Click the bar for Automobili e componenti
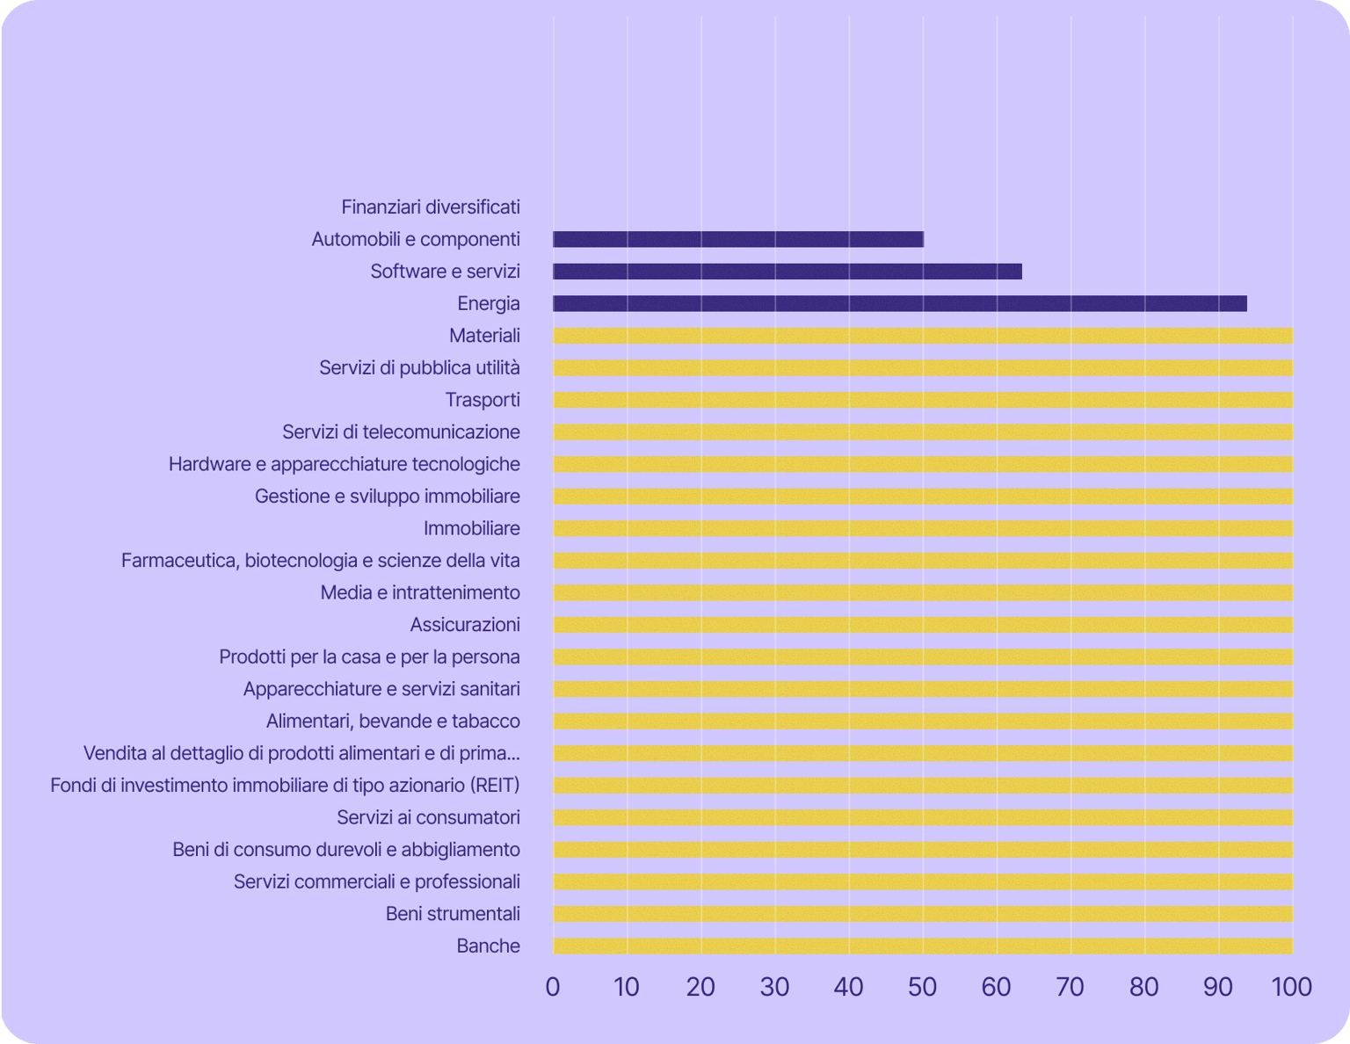coord(738,239)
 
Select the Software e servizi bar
coord(787,272)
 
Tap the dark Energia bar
coord(900,304)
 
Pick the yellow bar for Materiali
coord(923,336)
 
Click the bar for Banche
coord(923,946)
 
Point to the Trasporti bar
coord(923,400)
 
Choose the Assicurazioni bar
coord(923,625)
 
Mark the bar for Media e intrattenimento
coord(923,593)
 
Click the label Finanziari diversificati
coord(431,207)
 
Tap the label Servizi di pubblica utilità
coord(419,367)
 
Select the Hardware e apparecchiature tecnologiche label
coord(345,464)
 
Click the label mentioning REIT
coord(285,785)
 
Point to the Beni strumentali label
coord(453,914)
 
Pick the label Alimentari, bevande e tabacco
coord(393,721)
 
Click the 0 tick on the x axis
coord(553,987)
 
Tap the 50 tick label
coord(923,987)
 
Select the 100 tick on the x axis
coord(1292,987)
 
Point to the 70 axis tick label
coord(1071,987)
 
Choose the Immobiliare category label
coord(472,528)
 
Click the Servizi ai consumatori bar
coord(923,818)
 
